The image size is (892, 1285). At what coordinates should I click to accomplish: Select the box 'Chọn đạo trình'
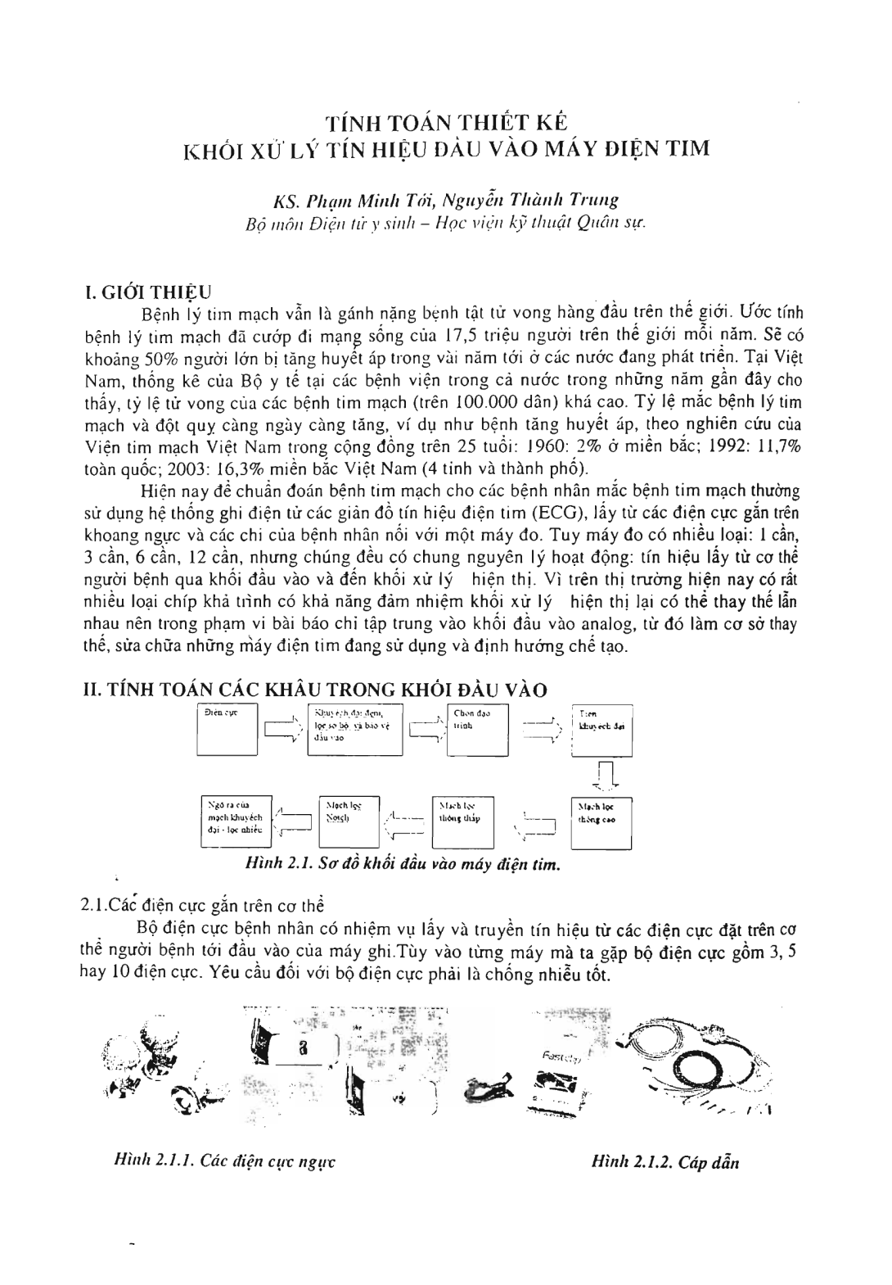(477, 728)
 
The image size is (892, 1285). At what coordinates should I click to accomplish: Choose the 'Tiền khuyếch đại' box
(601, 728)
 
